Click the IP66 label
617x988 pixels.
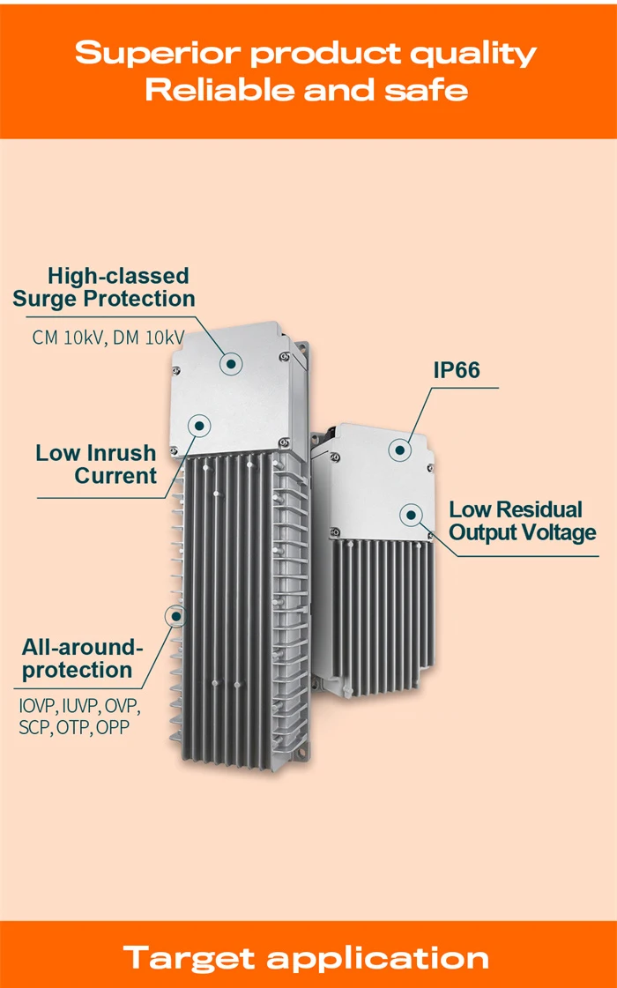pyautogui.click(x=457, y=370)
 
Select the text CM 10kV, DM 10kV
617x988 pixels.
pyautogui.click(x=108, y=338)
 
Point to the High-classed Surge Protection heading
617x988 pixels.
pyautogui.click(x=104, y=287)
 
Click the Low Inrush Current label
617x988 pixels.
pyautogui.click(x=96, y=464)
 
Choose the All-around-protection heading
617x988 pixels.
pyautogui.click(x=82, y=659)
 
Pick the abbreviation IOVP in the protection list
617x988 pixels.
pyautogui.click(x=38, y=706)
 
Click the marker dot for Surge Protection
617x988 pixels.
pyautogui.click(x=232, y=362)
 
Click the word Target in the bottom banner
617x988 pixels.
pyautogui.click(x=190, y=958)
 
